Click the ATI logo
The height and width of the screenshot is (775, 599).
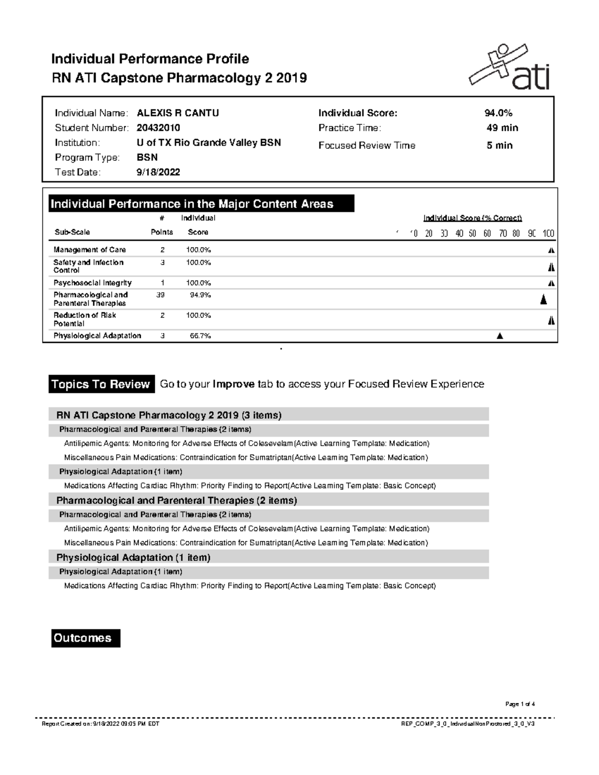(509, 67)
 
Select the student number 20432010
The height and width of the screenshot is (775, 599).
(158, 128)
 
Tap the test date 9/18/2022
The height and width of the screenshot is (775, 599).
(158, 172)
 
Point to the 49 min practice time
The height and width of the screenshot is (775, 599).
(502, 128)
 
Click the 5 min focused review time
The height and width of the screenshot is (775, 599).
(500, 145)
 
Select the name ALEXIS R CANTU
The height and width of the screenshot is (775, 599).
(178, 113)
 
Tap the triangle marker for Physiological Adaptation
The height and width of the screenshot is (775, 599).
(500, 336)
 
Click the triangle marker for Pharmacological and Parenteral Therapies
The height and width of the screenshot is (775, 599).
(544, 299)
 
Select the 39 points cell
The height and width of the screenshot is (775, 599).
(160, 295)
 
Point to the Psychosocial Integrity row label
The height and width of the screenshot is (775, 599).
(92, 283)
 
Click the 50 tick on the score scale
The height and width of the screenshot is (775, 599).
(472, 233)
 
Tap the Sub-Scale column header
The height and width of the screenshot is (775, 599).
(72, 232)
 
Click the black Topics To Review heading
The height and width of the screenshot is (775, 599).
(101, 384)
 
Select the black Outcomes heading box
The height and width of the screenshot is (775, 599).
(85, 638)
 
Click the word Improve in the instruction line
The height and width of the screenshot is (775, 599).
(234, 384)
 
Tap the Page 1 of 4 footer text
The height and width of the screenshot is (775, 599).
(520, 704)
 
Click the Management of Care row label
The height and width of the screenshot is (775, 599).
(89, 250)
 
